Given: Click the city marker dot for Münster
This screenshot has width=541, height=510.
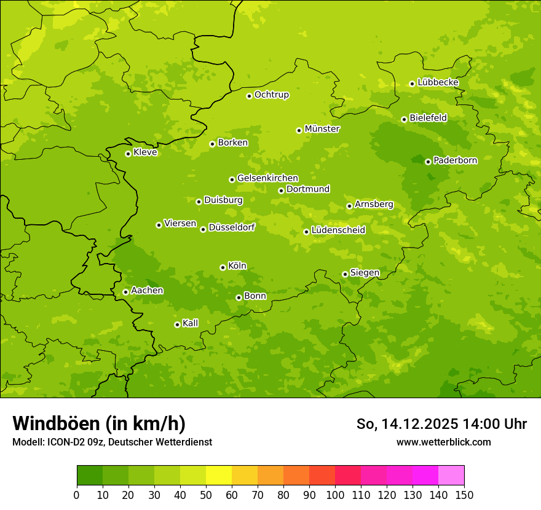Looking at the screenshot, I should [299, 130].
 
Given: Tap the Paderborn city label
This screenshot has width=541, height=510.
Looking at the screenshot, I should [455, 160].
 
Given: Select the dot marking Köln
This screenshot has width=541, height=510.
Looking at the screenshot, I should [223, 267].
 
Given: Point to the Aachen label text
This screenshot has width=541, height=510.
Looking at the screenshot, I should [147, 291].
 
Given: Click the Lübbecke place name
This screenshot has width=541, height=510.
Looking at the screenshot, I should [438, 82].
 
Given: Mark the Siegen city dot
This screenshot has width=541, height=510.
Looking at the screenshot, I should [345, 274].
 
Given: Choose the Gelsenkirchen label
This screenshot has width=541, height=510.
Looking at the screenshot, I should [267, 178].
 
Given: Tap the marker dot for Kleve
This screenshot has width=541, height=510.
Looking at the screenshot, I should [128, 154].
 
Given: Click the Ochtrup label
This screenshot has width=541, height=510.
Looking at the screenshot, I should [271, 95].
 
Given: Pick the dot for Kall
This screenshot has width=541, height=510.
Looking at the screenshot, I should [177, 324].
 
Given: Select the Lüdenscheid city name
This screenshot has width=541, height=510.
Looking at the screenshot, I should [338, 230].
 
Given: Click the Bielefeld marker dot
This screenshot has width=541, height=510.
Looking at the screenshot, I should [404, 119].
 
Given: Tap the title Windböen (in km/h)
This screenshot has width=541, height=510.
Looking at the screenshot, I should [99, 423].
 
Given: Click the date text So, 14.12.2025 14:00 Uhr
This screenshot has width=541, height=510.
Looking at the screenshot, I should [441, 424].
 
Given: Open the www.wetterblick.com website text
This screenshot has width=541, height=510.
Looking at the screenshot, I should [443, 442].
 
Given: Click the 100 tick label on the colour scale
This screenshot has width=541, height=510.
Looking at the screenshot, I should [335, 495].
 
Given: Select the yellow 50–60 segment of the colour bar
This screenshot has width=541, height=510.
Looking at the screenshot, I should [219, 476].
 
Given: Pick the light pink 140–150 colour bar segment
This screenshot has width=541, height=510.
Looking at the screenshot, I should [451, 476].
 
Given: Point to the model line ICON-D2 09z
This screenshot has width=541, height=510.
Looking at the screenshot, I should [112, 442].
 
